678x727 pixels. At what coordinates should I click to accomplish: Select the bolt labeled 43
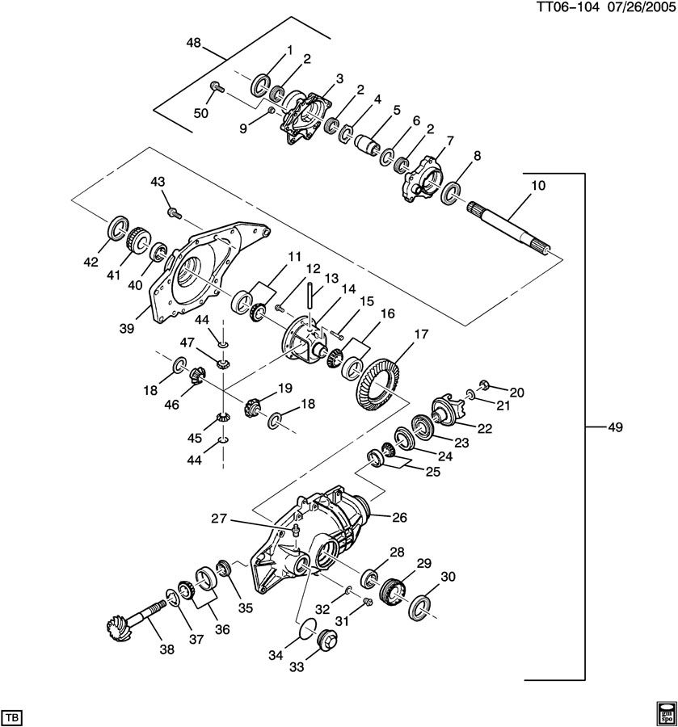click(x=171, y=212)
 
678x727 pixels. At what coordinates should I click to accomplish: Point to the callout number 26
click(x=399, y=518)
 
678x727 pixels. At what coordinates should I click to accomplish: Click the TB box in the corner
click(x=13, y=716)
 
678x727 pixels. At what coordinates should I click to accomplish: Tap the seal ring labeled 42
click(x=118, y=228)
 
